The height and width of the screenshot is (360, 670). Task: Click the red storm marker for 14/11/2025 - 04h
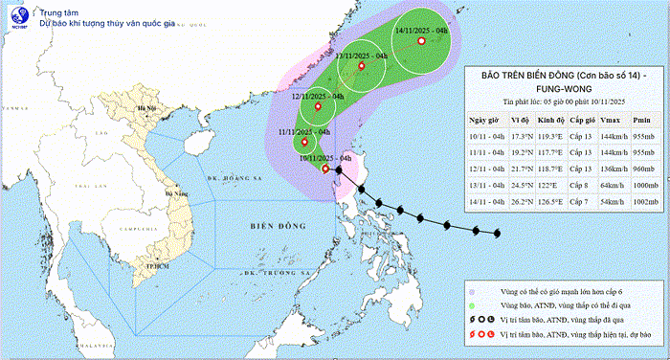421,40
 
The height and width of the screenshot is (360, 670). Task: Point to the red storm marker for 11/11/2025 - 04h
304,143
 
